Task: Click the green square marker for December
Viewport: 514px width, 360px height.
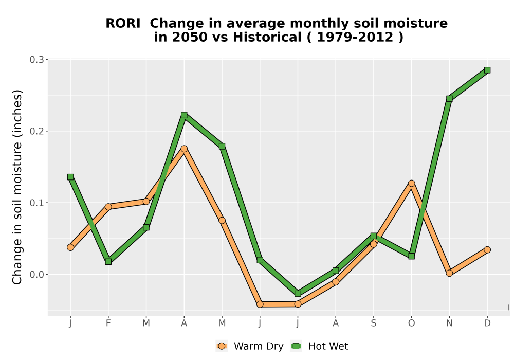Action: [x=487, y=70]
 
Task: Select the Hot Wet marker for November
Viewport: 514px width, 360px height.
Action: [x=449, y=99]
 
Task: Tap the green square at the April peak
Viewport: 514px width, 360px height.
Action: [x=184, y=115]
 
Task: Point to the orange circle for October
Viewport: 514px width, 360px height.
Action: [x=411, y=183]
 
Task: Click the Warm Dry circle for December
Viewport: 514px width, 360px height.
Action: [x=487, y=250]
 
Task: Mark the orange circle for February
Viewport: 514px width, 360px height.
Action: [x=108, y=207]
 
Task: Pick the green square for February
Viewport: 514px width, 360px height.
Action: [x=108, y=262]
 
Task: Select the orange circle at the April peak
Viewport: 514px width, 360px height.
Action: [x=184, y=149]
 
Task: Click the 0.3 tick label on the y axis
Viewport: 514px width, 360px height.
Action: [x=36, y=60]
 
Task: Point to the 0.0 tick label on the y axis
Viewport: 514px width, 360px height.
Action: [x=36, y=275]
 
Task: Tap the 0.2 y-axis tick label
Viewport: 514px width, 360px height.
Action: [x=36, y=131]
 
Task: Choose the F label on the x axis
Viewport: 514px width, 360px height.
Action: [x=108, y=323]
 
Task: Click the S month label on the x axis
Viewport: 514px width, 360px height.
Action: [x=373, y=323]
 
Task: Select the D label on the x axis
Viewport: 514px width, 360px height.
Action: [x=487, y=323]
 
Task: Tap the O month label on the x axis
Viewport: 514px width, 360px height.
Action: [x=411, y=323]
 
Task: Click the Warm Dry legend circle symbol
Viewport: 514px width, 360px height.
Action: [x=222, y=346]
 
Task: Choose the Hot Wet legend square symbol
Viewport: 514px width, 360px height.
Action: [x=297, y=346]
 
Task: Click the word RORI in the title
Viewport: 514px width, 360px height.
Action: [x=123, y=23]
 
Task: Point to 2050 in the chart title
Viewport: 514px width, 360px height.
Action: [x=190, y=37]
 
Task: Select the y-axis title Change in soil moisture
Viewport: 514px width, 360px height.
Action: [x=17, y=187]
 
